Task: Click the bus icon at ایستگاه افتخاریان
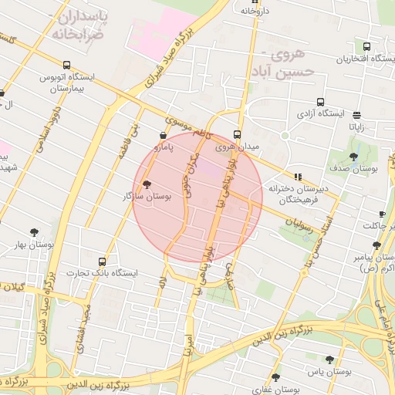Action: (x=366, y=46)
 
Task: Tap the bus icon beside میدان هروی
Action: (x=237, y=133)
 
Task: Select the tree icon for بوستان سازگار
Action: (x=147, y=184)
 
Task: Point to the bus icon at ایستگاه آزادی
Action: (x=320, y=102)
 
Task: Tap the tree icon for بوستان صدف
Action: (x=353, y=157)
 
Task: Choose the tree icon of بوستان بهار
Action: (x=34, y=231)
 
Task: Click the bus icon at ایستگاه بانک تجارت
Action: (x=102, y=262)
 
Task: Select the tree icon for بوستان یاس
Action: (x=329, y=360)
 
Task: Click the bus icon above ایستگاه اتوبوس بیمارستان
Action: (x=67, y=66)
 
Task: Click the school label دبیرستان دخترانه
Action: (x=299, y=188)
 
